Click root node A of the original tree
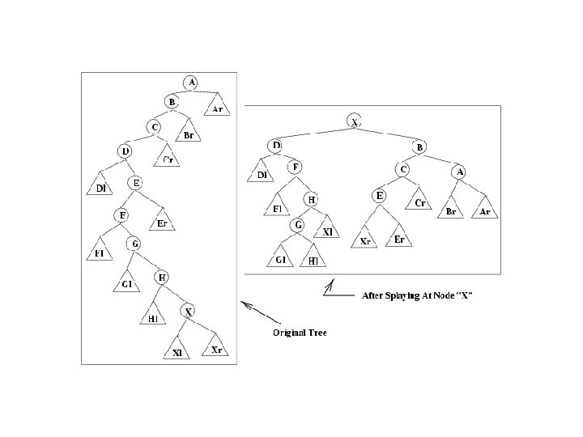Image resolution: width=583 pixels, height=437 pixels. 191,83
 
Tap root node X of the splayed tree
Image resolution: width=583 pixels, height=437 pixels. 354,121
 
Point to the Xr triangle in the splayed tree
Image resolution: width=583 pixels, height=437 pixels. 366,240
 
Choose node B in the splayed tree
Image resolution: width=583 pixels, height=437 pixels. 419,146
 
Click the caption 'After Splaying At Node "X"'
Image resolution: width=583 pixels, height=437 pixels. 416,295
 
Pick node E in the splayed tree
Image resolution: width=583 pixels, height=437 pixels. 379,195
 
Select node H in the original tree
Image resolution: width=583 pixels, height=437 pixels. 161,277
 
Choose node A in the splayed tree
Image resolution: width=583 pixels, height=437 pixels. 459,171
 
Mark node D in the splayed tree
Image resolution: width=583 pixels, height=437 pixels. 276,146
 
